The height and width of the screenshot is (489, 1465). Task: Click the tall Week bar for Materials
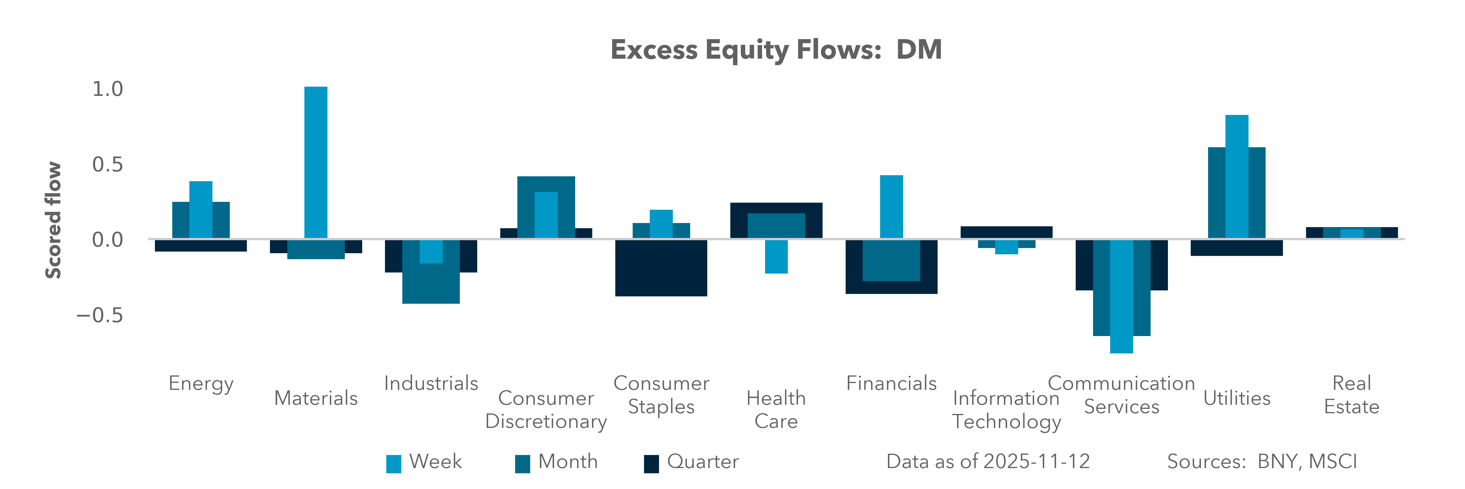click(x=316, y=162)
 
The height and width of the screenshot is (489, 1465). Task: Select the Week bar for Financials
click(x=891, y=207)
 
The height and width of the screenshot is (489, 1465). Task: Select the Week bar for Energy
click(x=201, y=209)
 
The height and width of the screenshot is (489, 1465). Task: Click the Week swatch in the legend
click(x=394, y=463)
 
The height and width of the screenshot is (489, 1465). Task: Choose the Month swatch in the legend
click(x=522, y=463)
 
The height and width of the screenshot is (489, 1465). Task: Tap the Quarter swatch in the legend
click(x=651, y=463)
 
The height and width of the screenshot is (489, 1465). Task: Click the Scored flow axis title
click(x=53, y=220)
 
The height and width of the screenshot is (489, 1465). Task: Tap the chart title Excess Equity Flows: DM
click(x=776, y=49)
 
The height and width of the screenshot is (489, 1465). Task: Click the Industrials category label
click(x=431, y=383)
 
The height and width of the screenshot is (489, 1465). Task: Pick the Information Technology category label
click(x=1006, y=410)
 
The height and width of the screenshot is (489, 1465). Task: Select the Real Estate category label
click(x=1351, y=395)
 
